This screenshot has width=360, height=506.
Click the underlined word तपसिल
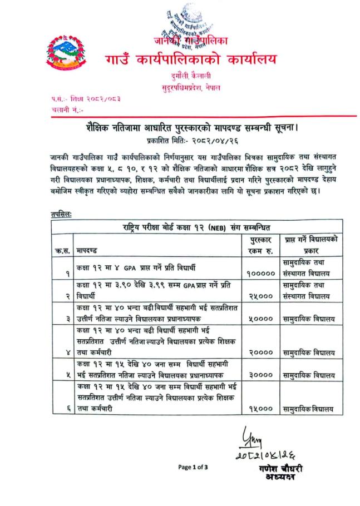(60, 214)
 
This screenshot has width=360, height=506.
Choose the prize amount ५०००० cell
(258, 319)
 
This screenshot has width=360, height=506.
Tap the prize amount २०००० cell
(258, 352)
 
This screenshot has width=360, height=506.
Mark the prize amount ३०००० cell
(258, 375)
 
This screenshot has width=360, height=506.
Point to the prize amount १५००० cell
(258, 409)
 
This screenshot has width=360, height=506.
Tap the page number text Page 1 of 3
(193, 467)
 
